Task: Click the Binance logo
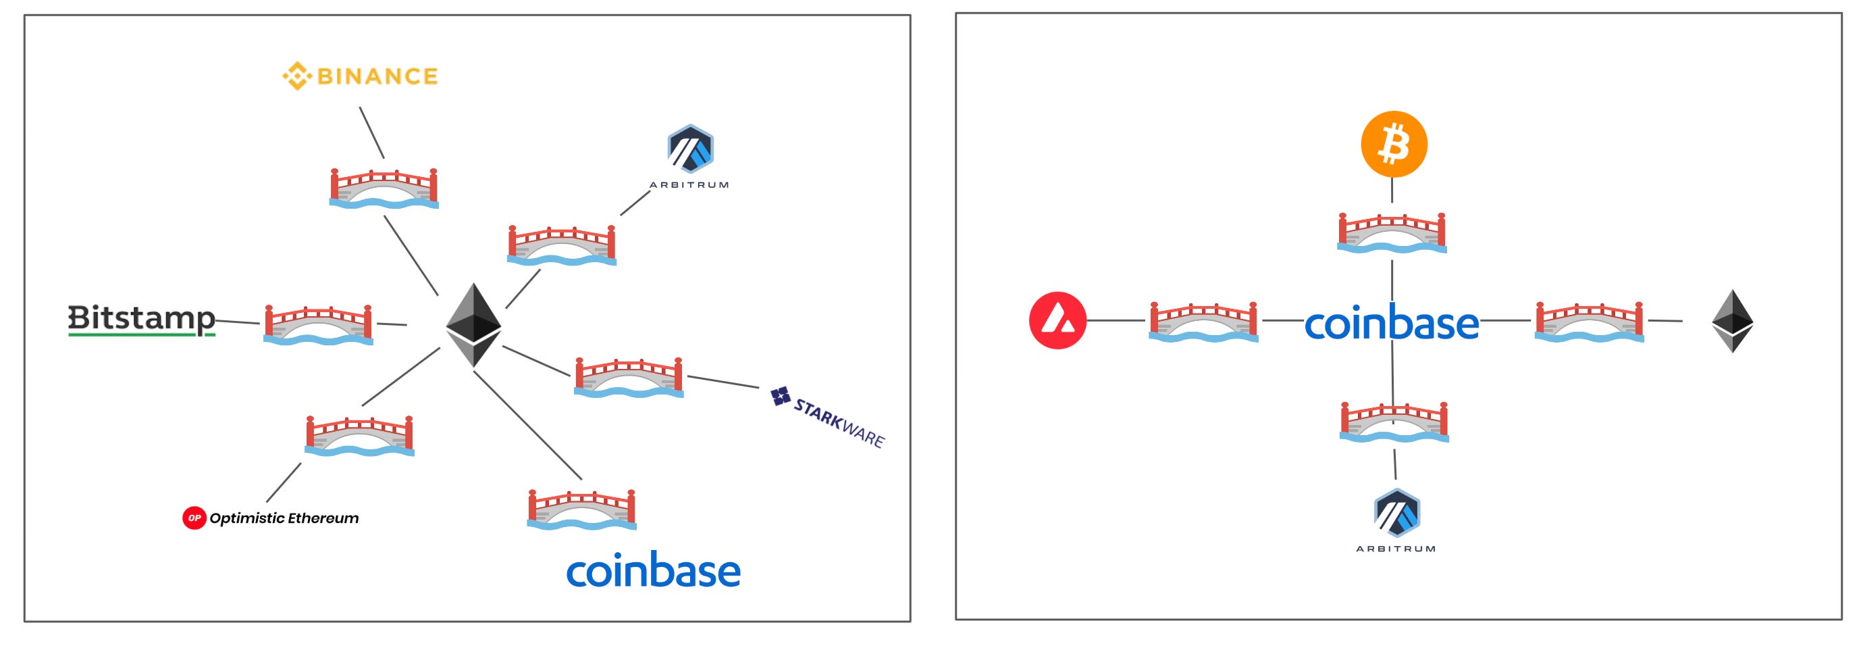(360, 76)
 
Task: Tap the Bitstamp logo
(142, 320)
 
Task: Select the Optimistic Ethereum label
(283, 518)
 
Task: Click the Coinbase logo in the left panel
(653, 570)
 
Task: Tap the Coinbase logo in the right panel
(1392, 324)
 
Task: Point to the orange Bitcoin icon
(1394, 144)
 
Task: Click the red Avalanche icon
(1057, 320)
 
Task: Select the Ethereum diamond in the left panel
(473, 324)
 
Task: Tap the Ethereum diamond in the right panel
(1733, 321)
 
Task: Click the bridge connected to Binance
(384, 189)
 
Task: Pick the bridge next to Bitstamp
(318, 326)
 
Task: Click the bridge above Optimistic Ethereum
(359, 436)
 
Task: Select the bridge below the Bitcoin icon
(1392, 233)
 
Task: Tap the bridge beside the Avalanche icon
(1203, 322)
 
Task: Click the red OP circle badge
(194, 518)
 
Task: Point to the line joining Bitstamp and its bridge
(237, 321)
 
